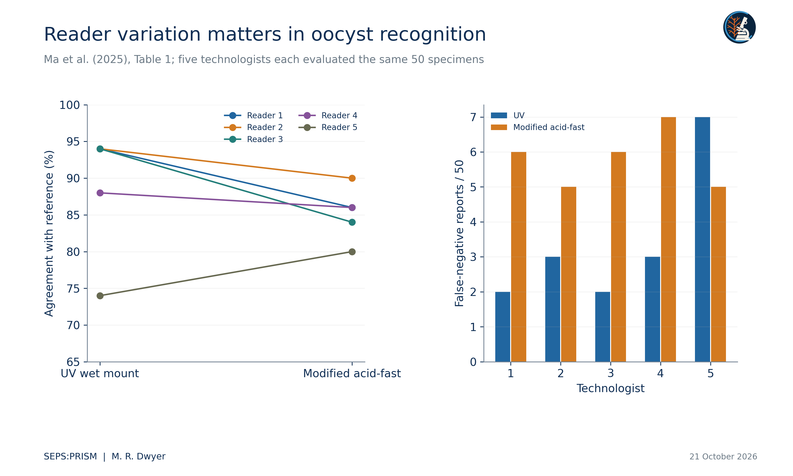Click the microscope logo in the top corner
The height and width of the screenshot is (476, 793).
pos(739,27)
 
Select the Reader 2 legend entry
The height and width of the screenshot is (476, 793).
pos(253,127)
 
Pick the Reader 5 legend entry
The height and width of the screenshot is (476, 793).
pos(328,127)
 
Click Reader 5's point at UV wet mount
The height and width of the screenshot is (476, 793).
pos(100,296)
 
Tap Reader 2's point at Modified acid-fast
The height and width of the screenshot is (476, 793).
pos(352,178)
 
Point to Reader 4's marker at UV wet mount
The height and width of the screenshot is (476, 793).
pos(100,193)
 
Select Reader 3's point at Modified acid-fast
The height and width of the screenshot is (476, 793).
pos(352,222)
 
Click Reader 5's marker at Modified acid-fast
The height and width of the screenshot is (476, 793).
pos(352,252)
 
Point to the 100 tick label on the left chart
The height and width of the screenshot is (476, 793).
pos(69,105)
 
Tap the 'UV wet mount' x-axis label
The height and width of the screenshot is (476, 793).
pos(100,373)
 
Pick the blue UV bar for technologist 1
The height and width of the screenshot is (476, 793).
pos(503,327)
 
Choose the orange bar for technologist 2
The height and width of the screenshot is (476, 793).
pos(569,274)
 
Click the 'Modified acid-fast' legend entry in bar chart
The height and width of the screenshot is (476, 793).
pos(538,127)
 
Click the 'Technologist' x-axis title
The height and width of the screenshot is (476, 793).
pos(610,388)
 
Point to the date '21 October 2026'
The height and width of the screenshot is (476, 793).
pos(723,457)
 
